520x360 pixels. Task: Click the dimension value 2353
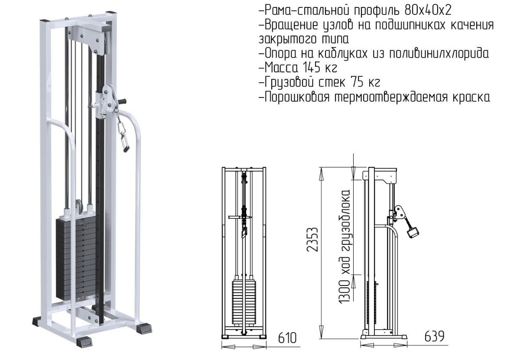coord(312,239)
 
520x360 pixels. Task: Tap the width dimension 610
coord(287,338)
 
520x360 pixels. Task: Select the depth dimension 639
coord(434,336)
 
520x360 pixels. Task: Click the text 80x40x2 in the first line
coord(428,10)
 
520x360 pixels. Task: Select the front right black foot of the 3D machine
coord(144,329)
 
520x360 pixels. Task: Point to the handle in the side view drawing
coord(413,232)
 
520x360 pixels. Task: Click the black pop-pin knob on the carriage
coord(122,101)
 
